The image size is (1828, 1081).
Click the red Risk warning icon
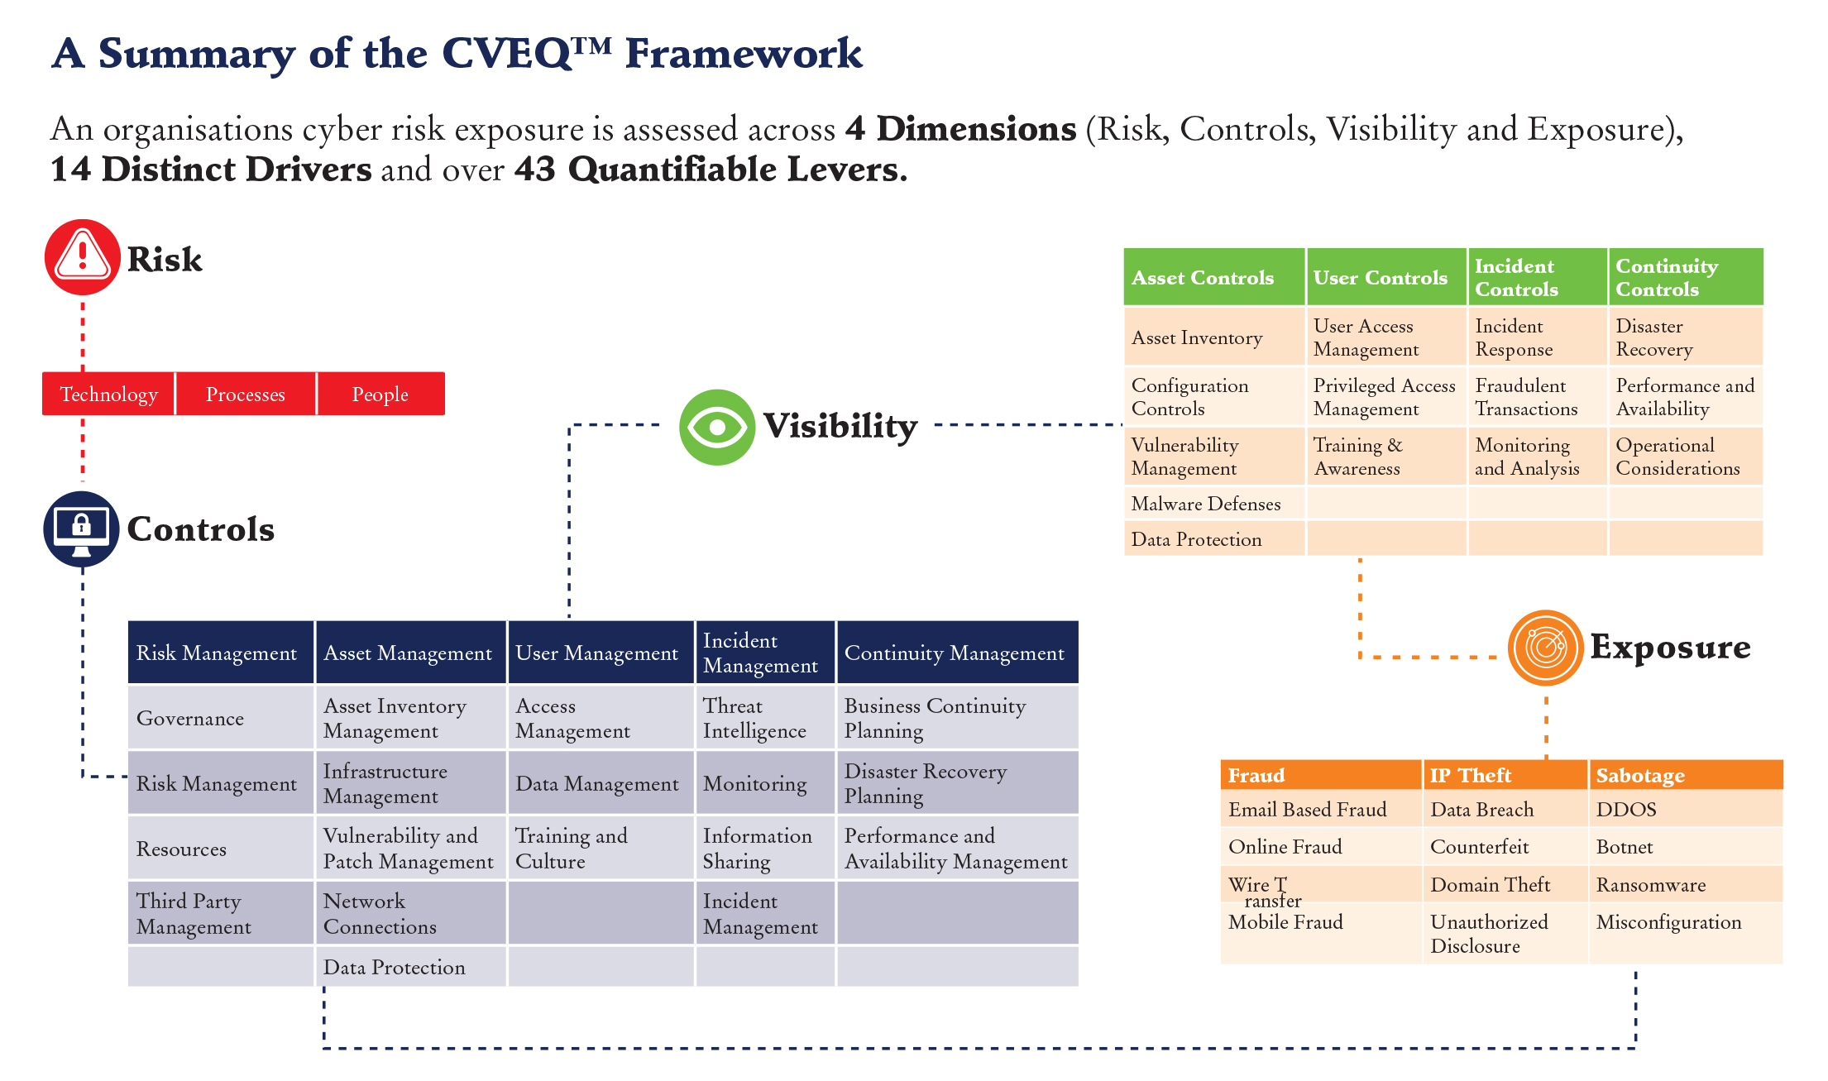click(x=82, y=257)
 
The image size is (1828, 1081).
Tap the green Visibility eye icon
click(x=716, y=427)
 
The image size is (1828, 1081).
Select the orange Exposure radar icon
click(x=1545, y=648)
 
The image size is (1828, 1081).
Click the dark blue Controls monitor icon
click(x=81, y=529)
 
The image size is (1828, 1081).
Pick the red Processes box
click(x=246, y=395)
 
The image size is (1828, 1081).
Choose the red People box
click(x=380, y=395)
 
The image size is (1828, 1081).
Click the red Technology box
click(x=108, y=395)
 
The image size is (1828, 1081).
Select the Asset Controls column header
click(x=1213, y=278)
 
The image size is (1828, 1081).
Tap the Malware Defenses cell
click(x=1213, y=504)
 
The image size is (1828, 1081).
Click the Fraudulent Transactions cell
click(x=1536, y=397)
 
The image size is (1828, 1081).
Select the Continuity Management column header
click(x=956, y=653)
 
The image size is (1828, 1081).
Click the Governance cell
click(x=220, y=718)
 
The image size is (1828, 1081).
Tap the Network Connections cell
click(x=409, y=913)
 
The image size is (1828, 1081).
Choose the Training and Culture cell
click(x=599, y=848)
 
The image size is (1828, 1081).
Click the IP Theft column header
click(x=1504, y=775)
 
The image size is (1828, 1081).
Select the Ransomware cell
click(x=1683, y=885)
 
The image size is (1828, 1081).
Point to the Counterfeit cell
click(x=1504, y=847)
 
